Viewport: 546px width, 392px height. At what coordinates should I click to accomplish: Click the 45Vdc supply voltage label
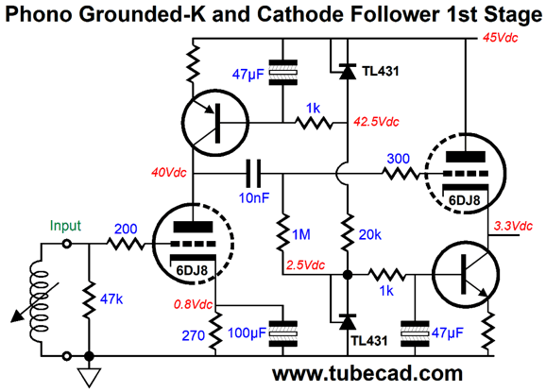pyautogui.click(x=500, y=38)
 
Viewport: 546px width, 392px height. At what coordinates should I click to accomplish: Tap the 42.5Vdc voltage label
pyautogui.click(x=376, y=122)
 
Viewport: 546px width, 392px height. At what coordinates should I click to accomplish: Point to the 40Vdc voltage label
pyautogui.click(x=169, y=172)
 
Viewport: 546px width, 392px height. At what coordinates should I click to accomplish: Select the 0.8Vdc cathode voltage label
pyautogui.click(x=193, y=304)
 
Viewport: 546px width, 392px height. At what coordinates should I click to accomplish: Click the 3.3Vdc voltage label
pyautogui.click(x=513, y=226)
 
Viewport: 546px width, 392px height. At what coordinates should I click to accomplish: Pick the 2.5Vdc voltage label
pyautogui.click(x=305, y=265)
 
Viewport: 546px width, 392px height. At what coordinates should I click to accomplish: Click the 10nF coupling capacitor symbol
pyautogui.click(x=253, y=173)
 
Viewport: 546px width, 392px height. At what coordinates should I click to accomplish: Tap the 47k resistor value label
pyautogui.click(x=111, y=299)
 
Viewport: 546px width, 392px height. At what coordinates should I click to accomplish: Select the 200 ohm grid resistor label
pyautogui.click(x=126, y=230)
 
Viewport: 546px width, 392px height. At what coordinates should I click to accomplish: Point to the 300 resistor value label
pyautogui.click(x=399, y=159)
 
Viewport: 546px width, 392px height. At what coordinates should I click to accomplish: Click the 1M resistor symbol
pyautogui.click(x=282, y=232)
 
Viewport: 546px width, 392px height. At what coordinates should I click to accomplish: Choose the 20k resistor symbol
pyautogui.click(x=348, y=232)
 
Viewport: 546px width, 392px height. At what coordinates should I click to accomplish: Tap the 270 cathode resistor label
pyautogui.click(x=193, y=335)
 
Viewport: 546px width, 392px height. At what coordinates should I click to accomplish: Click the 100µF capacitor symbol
pyautogui.click(x=283, y=333)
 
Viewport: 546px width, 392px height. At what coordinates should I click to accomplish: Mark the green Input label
pyautogui.click(x=65, y=226)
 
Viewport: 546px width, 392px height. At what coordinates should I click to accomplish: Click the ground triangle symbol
pyautogui.click(x=89, y=378)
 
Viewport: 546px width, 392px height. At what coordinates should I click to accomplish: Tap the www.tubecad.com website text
pyautogui.click(x=367, y=373)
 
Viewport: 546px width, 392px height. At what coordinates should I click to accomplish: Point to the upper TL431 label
pyautogui.click(x=381, y=72)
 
